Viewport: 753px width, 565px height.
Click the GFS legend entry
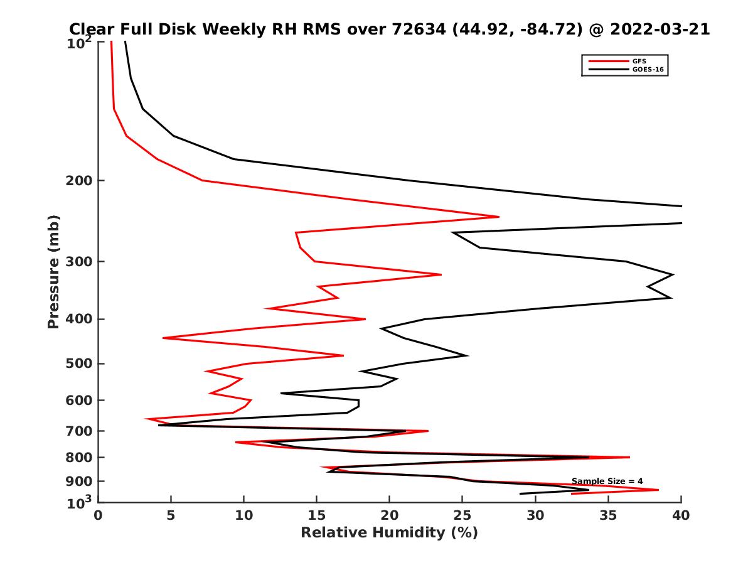click(639, 61)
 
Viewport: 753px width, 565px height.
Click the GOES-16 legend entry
click(647, 69)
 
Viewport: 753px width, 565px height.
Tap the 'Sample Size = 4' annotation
click(607, 481)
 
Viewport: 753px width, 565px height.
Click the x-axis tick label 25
click(462, 515)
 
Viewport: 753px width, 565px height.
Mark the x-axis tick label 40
click(681, 515)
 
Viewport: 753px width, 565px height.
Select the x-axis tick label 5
click(171, 515)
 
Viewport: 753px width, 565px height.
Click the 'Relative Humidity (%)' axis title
click(389, 533)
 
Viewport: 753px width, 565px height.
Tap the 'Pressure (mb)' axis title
click(54, 272)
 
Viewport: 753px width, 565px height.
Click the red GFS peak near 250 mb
click(499, 217)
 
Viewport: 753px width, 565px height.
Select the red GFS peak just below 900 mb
click(658, 490)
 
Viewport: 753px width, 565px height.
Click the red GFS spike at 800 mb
click(629, 457)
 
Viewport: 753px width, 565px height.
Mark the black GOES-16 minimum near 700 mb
click(159, 426)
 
